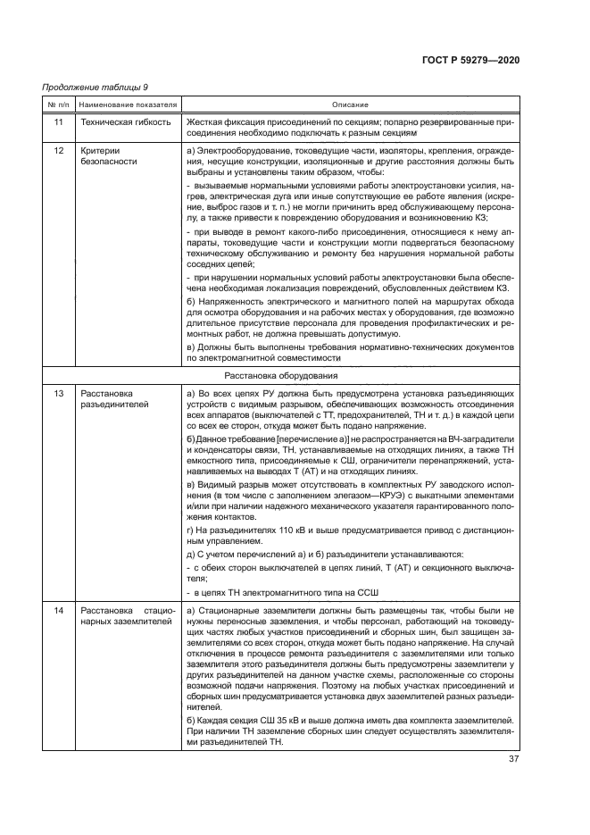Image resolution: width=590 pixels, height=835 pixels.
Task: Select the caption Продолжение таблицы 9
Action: [96, 88]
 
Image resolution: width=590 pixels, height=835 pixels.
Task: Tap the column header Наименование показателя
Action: [127, 104]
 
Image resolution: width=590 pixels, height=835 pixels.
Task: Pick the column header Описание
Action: [350, 104]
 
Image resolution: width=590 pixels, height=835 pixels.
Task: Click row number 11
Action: [58, 121]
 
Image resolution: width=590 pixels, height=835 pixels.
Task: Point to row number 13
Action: [58, 393]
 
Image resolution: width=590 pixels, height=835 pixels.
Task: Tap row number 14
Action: [58, 610]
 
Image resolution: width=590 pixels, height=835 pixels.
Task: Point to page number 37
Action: [513, 760]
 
